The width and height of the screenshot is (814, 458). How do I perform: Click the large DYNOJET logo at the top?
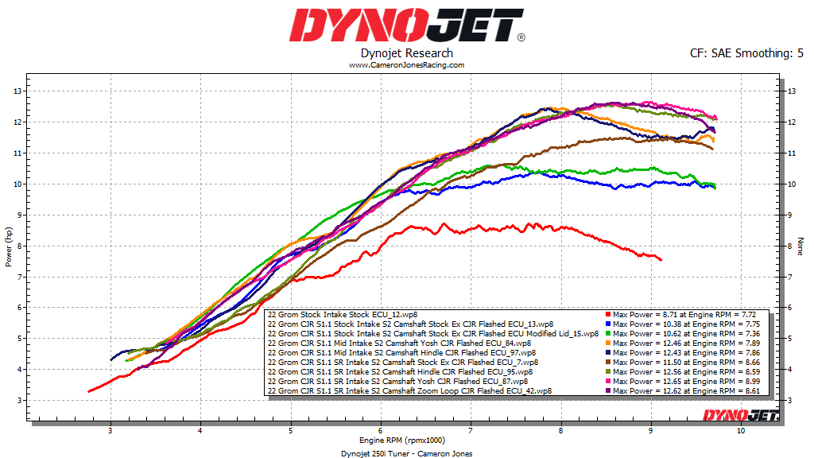tap(406, 25)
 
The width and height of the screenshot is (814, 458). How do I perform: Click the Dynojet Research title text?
tap(406, 53)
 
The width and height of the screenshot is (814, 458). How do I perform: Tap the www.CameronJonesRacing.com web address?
tap(406, 65)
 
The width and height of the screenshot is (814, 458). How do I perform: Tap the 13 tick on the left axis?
tap(17, 91)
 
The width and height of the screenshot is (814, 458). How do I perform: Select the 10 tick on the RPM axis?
tap(741, 432)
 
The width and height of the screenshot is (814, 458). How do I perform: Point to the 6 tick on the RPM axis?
tap(381, 432)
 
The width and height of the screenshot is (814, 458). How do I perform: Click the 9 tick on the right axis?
tap(789, 215)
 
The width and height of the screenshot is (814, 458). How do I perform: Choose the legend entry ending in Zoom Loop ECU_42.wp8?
tap(410, 390)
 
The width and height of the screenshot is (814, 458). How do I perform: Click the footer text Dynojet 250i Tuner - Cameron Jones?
tap(406, 453)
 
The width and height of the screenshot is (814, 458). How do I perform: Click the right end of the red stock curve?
tap(661, 259)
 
